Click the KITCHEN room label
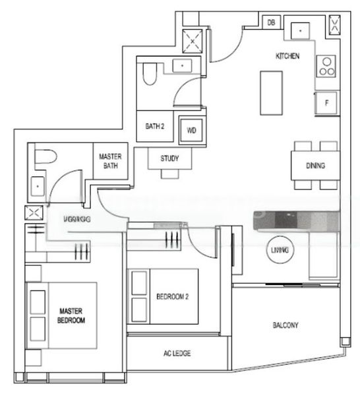point(287,57)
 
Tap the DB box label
point(271,23)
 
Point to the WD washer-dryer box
point(192,130)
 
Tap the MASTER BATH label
point(108,161)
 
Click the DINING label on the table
point(315,166)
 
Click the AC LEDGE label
point(177,354)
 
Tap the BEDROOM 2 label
point(173,297)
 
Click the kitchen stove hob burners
point(326,65)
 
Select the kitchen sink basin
point(300,30)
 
